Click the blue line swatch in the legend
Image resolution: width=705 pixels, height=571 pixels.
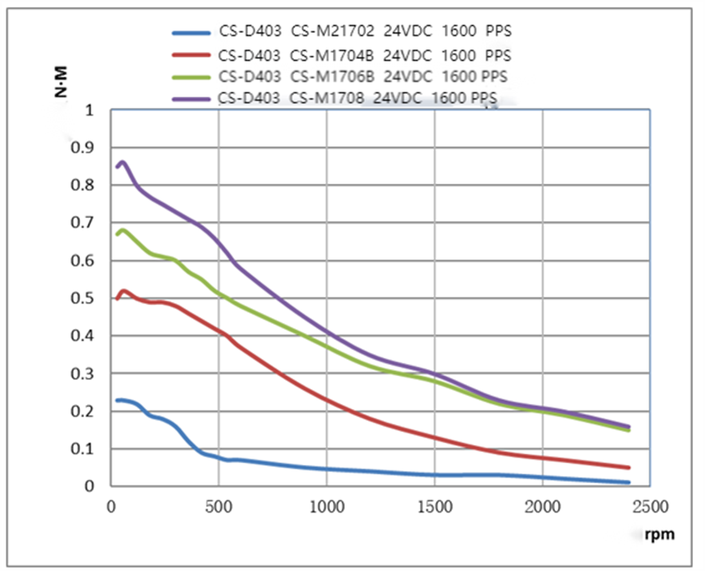[x=190, y=33]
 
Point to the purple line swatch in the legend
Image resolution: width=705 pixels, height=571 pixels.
[x=190, y=98]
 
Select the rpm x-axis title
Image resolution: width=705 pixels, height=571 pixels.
[x=659, y=534]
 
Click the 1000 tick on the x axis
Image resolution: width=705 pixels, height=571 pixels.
[x=326, y=506]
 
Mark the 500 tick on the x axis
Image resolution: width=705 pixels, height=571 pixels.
[x=218, y=506]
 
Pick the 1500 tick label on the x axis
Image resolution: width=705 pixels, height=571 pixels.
[x=434, y=506]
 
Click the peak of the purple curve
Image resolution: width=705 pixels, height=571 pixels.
[x=121, y=163]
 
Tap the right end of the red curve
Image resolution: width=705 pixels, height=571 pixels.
[x=628, y=467]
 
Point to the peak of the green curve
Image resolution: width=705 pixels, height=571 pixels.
[x=121, y=231]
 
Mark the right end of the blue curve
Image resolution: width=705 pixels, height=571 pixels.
[x=628, y=482]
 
